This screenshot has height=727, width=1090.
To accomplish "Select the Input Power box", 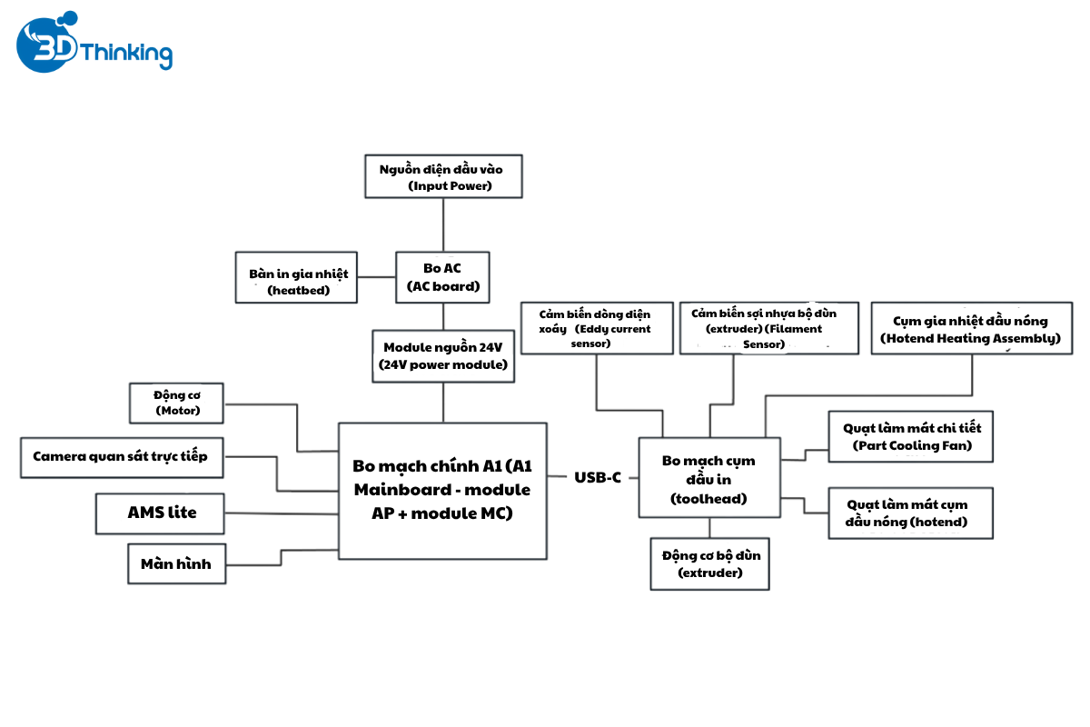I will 443,176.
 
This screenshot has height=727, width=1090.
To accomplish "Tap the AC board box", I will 443,277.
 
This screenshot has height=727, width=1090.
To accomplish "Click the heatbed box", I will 298,277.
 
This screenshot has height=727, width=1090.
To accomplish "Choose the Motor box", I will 177,403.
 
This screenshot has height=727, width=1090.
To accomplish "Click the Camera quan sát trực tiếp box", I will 120,457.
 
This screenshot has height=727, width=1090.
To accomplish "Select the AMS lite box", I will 161,513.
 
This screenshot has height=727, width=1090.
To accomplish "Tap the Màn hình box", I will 175,563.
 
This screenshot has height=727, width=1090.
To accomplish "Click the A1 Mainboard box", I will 442,490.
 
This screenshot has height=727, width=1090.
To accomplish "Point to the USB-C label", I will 598,477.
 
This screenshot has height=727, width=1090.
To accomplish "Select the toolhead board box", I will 708,478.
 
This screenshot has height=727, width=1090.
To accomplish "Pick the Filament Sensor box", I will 768,327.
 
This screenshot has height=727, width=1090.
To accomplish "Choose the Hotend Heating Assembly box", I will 970,328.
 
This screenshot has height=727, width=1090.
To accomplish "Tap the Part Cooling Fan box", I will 911,436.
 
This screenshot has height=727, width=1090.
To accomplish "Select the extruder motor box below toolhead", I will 710,563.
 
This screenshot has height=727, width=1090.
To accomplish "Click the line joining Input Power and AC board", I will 443,224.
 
